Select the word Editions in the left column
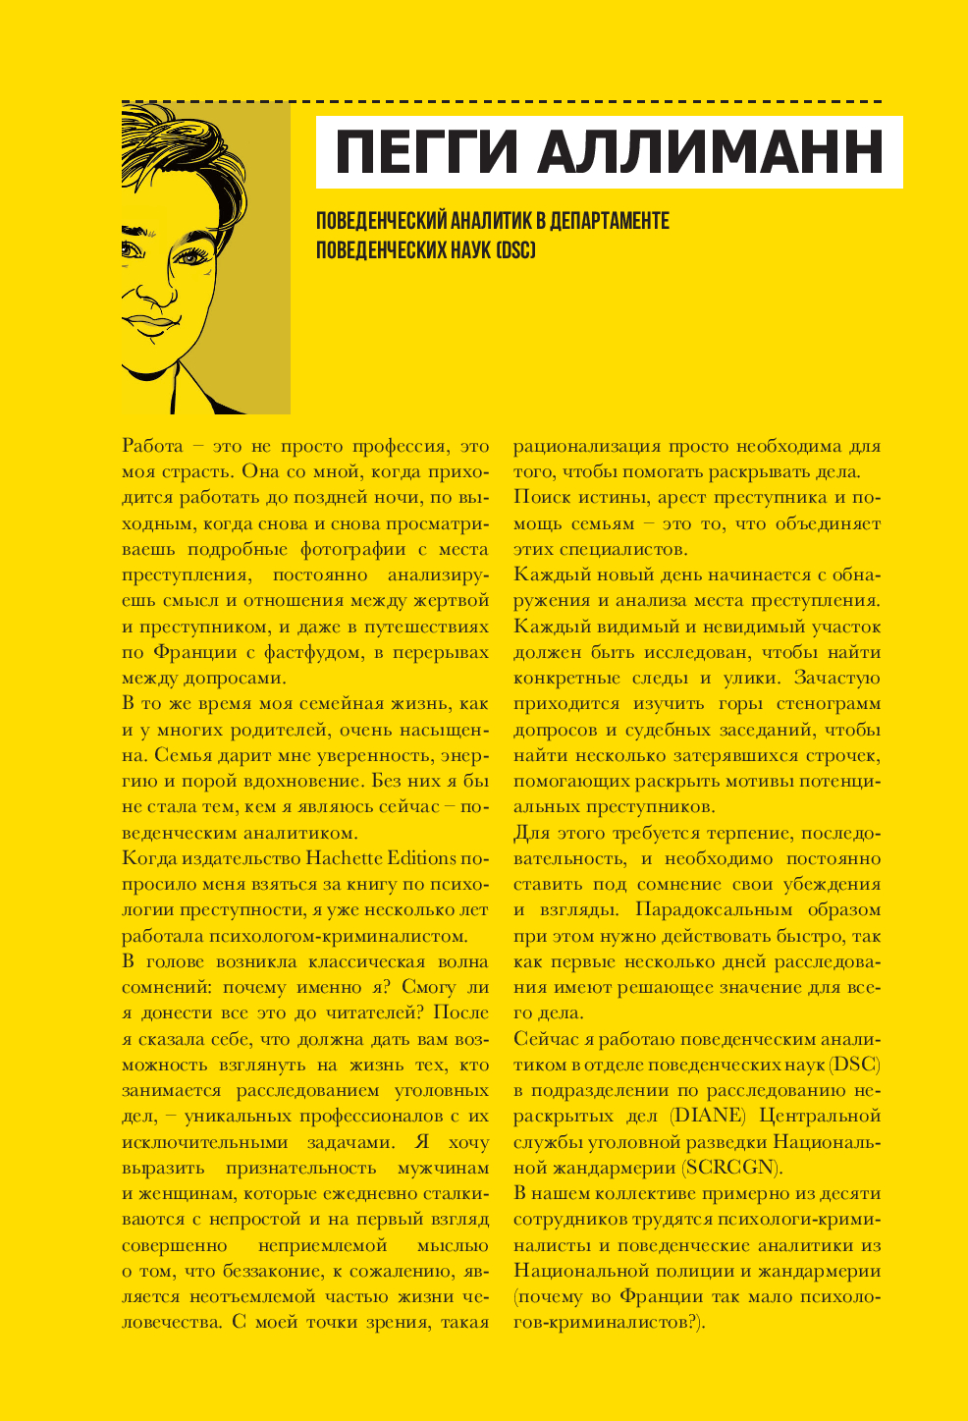[x=423, y=858]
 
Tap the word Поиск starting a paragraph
[x=542, y=498]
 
